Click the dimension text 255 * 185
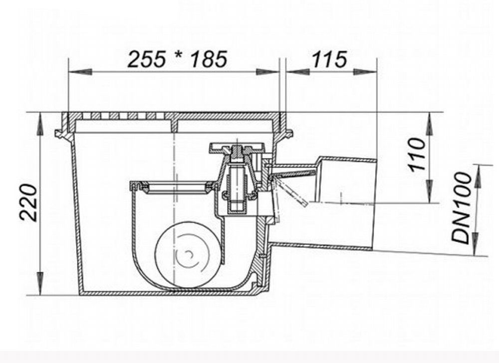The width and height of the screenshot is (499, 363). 177,59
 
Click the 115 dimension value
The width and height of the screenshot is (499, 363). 329,59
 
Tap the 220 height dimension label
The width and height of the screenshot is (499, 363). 29,203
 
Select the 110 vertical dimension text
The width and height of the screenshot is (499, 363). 417,155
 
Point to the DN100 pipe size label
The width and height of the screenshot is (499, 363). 462,208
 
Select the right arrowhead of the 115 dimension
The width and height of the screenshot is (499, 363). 365,71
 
